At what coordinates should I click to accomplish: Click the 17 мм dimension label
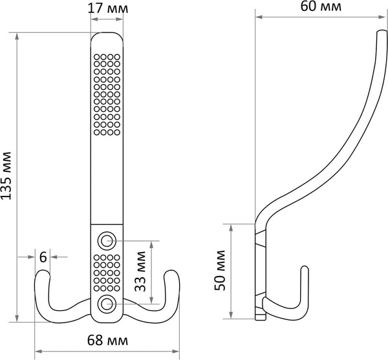pos(108,8)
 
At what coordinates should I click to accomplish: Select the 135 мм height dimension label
pos(6,176)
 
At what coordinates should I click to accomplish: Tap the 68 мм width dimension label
pos(107,340)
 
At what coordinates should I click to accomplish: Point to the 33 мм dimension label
pos(140,271)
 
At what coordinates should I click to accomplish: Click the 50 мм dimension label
pos(220,271)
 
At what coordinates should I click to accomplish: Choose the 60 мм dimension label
pos(321,6)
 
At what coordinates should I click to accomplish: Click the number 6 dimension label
pos(43,257)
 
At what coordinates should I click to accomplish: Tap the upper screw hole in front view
pos(107,240)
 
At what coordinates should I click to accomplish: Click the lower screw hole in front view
pos(107,304)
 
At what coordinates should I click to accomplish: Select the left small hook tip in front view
pos(43,271)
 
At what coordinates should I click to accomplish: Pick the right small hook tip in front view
pos(171,272)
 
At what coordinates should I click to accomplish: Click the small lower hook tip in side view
pos(305,268)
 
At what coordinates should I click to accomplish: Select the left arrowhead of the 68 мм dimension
pos(38,352)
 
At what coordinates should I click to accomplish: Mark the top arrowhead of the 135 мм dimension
pos(17,36)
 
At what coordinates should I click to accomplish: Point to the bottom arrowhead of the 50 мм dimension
pos(231,315)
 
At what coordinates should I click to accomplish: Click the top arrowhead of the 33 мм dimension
pos(151,244)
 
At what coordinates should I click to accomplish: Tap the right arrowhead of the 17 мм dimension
pos(120,19)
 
